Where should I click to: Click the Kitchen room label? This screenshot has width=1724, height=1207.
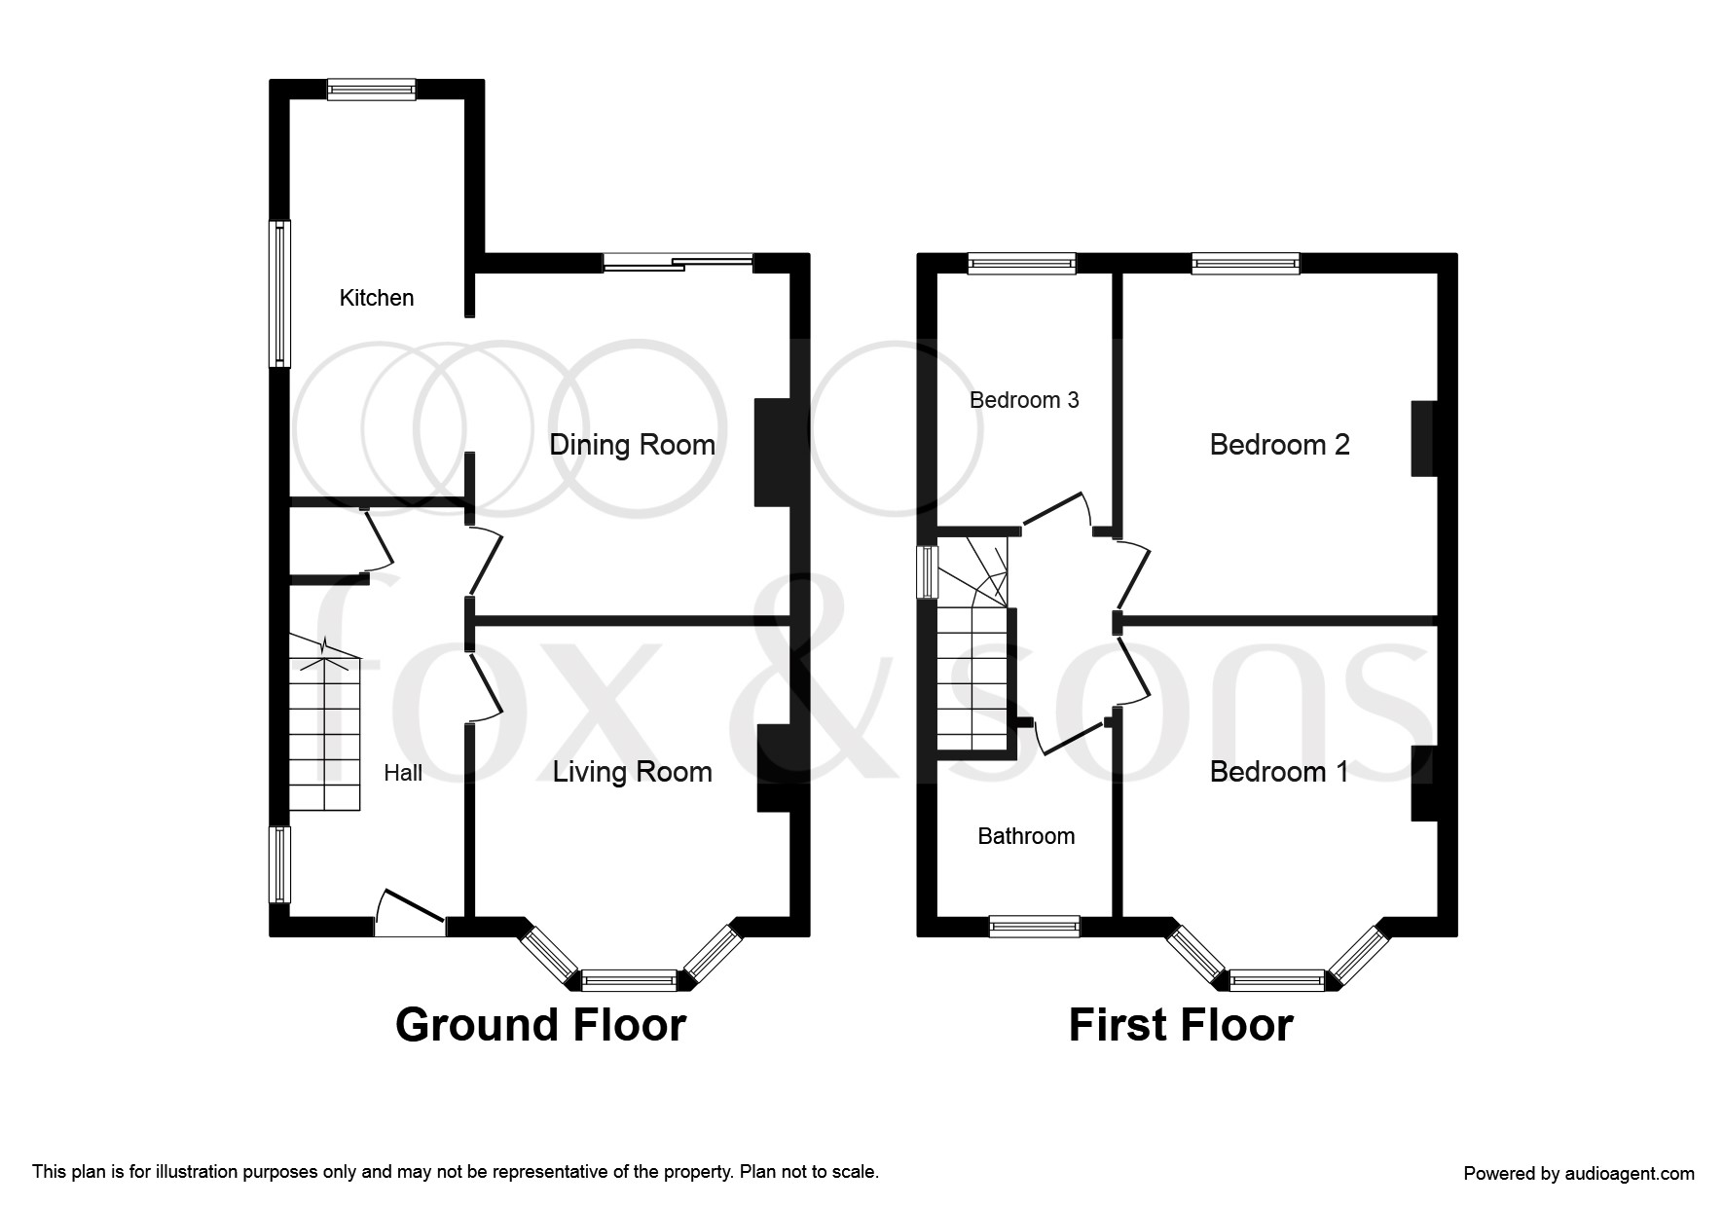[x=377, y=298]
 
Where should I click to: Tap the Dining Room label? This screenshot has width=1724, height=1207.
[x=632, y=445]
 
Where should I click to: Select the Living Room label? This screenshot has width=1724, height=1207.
[x=632, y=772]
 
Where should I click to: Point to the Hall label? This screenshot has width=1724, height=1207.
[x=403, y=773]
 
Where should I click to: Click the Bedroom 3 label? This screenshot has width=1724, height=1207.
[x=1024, y=400]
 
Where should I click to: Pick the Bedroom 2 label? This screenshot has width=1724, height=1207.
[x=1279, y=445]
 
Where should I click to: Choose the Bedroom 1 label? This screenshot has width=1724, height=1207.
[x=1279, y=772]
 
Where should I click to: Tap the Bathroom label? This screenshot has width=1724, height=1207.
[x=1026, y=836]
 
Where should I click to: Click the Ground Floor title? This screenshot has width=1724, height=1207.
[x=540, y=1025]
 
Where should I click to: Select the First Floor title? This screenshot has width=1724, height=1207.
[x=1181, y=1025]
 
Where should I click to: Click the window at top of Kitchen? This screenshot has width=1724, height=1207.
[x=372, y=90]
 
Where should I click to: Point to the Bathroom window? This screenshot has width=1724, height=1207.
[x=1035, y=926]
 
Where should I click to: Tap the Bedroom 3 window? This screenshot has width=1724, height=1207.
[x=1022, y=264]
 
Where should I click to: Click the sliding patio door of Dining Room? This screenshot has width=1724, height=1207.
[x=679, y=261]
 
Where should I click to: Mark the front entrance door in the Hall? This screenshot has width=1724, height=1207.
[x=411, y=915]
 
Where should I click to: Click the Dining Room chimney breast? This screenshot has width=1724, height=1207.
[x=771, y=453]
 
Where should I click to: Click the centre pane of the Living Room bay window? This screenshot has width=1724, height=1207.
[x=629, y=979]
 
